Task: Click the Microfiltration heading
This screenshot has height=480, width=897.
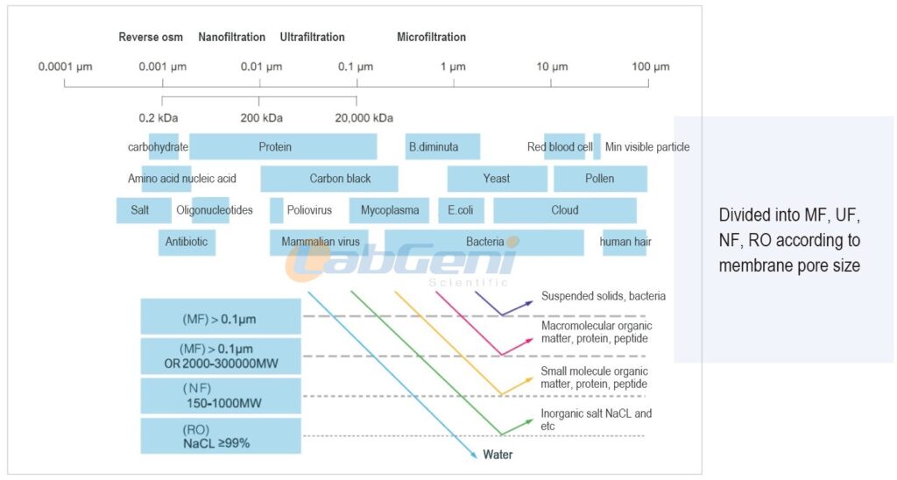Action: [x=431, y=37]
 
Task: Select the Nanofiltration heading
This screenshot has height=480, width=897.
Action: [x=231, y=37]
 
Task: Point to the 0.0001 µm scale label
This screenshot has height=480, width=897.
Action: [x=65, y=67]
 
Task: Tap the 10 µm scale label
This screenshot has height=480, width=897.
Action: [x=552, y=67]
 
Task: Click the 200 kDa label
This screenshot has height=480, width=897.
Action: [x=261, y=118]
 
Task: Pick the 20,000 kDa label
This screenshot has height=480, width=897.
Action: [x=364, y=118]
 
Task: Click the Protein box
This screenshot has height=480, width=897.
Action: [x=283, y=146]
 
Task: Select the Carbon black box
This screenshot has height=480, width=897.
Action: [x=329, y=179]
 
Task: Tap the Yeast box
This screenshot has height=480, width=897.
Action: [x=498, y=179]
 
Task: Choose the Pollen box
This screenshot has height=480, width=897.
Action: [x=600, y=179]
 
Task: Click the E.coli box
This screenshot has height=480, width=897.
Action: [x=461, y=210]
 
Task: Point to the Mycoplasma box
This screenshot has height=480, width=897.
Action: [x=389, y=210]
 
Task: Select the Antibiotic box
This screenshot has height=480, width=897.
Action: [x=187, y=242]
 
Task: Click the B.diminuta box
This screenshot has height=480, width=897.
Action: [x=442, y=146]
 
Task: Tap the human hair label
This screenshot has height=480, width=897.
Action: [x=625, y=242]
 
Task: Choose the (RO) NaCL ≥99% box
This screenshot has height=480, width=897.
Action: [x=221, y=436]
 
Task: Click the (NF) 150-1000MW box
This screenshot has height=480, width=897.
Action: [x=221, y=396]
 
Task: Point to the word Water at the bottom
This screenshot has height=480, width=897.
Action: [x=498, y=455]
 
